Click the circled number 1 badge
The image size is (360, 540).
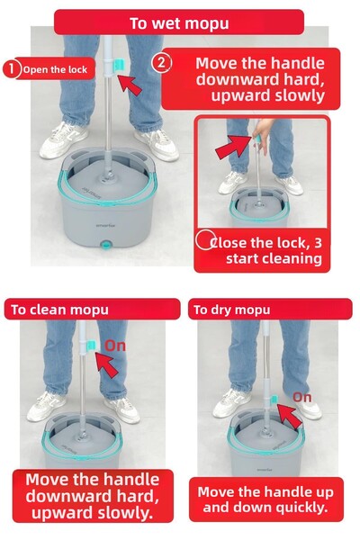(x=12, y=68)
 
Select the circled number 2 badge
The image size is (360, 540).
(x=160, y=63)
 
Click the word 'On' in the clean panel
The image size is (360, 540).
(x=116, y=345)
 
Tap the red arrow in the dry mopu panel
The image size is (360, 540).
(x=286, y=413)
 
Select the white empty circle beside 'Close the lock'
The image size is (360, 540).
(x=204, y=240)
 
